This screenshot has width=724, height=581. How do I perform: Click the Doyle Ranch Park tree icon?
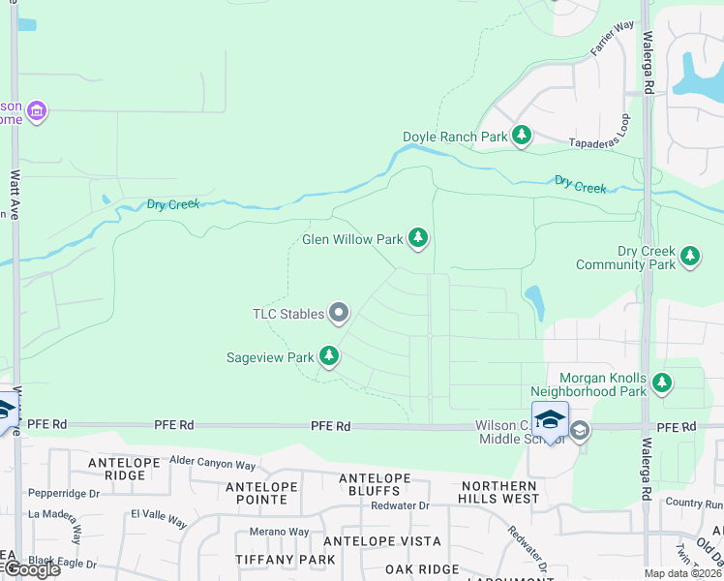pos(522,136)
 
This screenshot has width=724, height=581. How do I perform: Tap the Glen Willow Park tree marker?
pos(418,238)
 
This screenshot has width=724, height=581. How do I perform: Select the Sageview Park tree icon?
pos(330,357)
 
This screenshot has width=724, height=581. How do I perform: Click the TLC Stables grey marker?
pos(339,313)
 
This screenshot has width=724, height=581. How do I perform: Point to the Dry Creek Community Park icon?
pos(689,257)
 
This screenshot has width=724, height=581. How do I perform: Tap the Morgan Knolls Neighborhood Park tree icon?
pos(662,383)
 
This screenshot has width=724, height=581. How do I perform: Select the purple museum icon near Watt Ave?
pos(37,112)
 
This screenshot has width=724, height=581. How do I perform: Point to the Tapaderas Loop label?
pos(625,133)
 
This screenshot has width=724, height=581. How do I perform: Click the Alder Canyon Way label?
pos(212,463)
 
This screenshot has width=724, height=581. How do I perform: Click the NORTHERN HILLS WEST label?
pos(499,492)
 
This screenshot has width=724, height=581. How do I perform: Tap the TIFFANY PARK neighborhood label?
pos(286,560)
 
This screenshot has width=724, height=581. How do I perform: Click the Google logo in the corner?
pos(31,569)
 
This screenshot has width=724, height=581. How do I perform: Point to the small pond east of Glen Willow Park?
pos(533,302)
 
